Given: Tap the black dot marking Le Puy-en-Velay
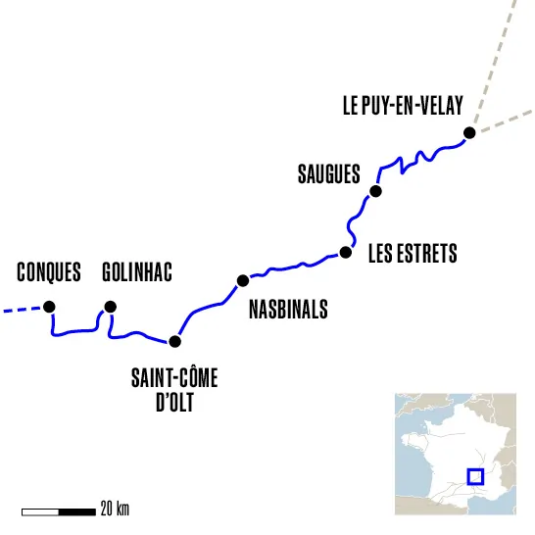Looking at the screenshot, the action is coord(469,132).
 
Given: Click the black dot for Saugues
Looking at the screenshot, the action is coord(375,191).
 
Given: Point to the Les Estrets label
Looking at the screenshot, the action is coord(413,254).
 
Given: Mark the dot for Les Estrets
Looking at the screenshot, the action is coord(345,252).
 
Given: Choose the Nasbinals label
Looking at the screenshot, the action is coord(288,309).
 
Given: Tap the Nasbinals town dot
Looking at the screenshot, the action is coord(242,281).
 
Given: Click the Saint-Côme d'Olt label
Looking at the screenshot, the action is coord(175,387).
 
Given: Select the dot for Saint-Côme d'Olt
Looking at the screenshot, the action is coord(175,341).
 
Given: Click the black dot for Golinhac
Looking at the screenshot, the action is coord(110,307).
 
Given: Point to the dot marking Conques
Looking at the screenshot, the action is coord(51,307).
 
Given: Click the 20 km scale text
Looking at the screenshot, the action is coord(115,510).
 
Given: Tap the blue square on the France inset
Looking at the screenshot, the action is coord(476,476).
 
